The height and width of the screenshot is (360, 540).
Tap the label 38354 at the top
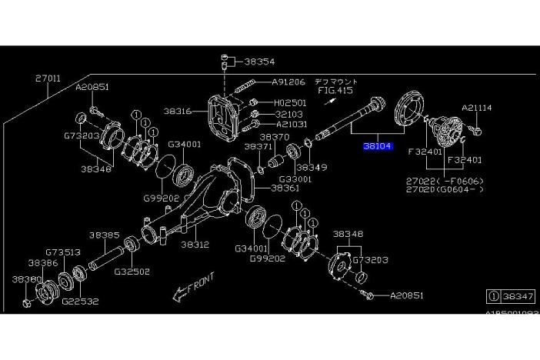pos(259,61)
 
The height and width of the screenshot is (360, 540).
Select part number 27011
pos(48,78)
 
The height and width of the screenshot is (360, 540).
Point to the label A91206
pos(288,82)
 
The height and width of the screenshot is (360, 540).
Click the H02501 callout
pos(290,102)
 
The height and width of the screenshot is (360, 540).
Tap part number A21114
pos(476,108)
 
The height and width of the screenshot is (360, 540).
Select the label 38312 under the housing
pos(195,245)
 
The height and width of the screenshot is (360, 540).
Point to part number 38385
pos(103,235)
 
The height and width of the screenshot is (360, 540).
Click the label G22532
pos(81,302)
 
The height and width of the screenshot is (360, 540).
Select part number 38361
pos(285,188)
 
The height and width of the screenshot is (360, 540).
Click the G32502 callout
pos(132,272)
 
